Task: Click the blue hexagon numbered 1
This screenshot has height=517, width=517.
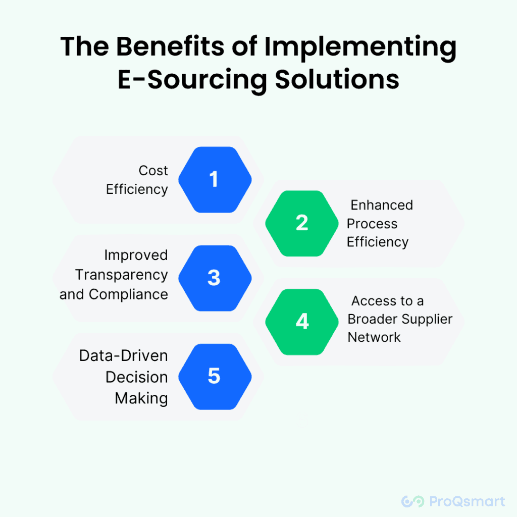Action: pyautogui.click(x=215, y=180)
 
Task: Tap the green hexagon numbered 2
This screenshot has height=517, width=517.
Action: pyautogui.click(x=302, y=223)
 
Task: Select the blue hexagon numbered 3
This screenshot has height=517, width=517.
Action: pyautogui.click(x=215, y=278)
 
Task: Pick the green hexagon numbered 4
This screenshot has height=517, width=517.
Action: pyautogui.click(x=302, y=322)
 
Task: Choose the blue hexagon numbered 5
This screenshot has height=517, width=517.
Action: pyautogui.click(x=215, y=377)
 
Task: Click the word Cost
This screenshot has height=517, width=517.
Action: pyautogui.click(x=153, y=171)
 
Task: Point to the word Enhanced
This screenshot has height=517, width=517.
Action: pyautogui.click(x=382, y=205)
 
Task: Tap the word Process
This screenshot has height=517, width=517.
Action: pyautogui.click(x=372, y=224)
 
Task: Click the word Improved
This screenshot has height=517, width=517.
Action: pyautogui.click(x=136, y=255)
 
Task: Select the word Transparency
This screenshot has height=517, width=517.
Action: pyautogui.click(x=121, y=275)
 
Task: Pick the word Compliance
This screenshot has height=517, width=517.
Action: pyautogui.click(x=128, y=294)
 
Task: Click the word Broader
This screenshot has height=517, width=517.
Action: pyautogui.click(x=373, y=319)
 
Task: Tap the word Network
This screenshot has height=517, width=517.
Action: pyautogui.click(x=374, y=337)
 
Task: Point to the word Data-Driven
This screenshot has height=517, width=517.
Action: pyautogui.click(x=124, y=356)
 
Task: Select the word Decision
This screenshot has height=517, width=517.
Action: pyautogui.click(x=137, y=377)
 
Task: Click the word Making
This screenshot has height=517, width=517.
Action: pyautogui.click(x=141, y=398)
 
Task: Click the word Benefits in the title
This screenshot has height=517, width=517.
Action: pyautogui.click(x=171, y=46)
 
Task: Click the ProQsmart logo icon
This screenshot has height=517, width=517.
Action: pyautogui.click(x=412, y=501)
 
